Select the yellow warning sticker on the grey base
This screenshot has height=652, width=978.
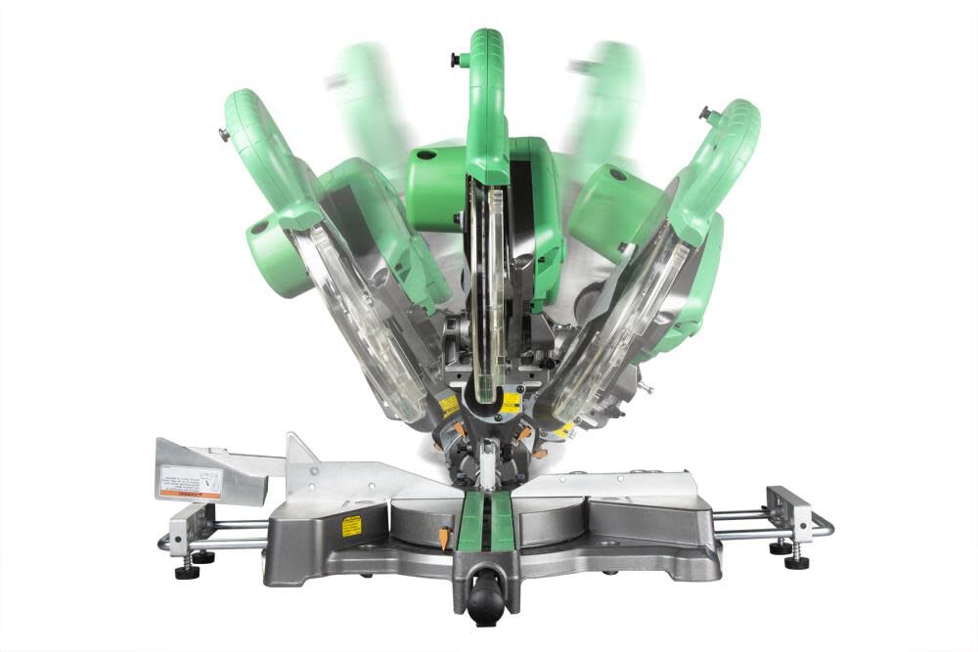click(x=351, y=526)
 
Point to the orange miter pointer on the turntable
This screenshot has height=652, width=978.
click(x=442, y=536)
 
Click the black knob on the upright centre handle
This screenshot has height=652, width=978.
click(x=455, y=60)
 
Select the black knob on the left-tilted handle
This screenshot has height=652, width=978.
click(x=224, y=135)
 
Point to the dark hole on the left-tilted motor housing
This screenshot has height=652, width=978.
click(x=258, y=227)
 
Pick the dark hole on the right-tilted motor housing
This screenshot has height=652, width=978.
click(x=616, y=177)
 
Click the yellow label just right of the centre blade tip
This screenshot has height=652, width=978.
click(x=510, y=402)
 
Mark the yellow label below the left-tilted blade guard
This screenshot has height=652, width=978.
click(x=449, y=406)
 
